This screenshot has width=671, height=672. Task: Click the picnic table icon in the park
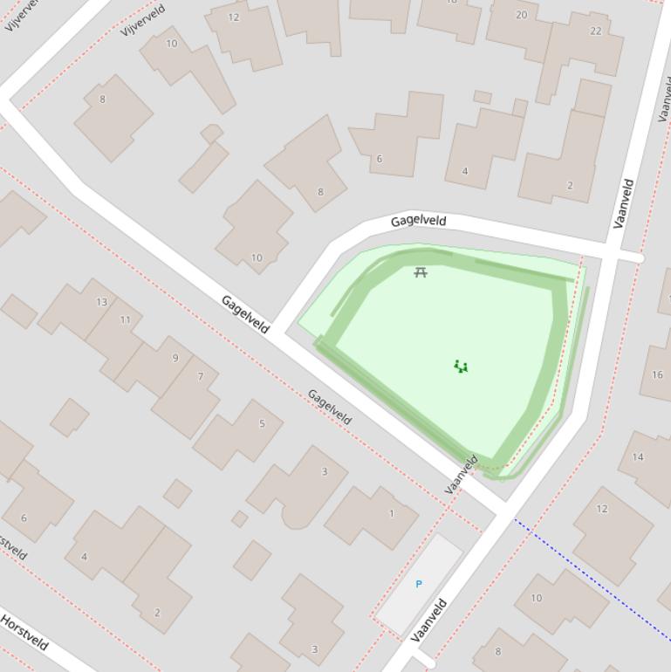pos(421,272)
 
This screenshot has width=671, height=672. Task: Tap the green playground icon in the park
pos(461,367)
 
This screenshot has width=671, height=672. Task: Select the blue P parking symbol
pos(419,584)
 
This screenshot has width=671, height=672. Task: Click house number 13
pos(102,302)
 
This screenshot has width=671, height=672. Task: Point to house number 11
pos(125,319)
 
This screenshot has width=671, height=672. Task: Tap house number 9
pos(175,358)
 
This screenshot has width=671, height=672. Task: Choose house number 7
pos(201,377)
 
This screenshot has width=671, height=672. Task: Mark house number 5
pos(262,424)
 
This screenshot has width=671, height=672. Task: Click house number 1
pos(391,513)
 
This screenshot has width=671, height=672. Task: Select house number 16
pos(657,375)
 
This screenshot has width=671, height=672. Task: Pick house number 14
pos(638,456)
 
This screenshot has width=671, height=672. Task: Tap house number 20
pos(521,15)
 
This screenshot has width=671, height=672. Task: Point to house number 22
pos(595,31)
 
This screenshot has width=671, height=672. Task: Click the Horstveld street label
pos(24,633)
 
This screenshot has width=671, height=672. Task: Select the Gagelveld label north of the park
pos(418,221)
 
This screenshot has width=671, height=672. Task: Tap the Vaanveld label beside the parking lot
pos(429,620)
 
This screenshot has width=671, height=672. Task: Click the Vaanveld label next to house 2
pos(623,203)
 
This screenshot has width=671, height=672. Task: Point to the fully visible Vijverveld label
pos(143,21)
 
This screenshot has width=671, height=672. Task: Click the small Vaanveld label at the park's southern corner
pos(462,475)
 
